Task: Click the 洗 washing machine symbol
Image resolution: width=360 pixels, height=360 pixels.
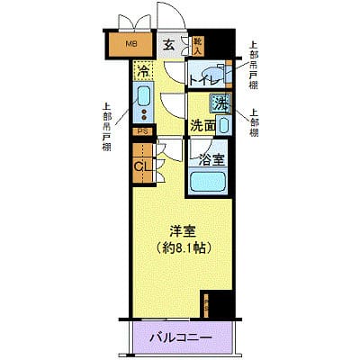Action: coord(219,103)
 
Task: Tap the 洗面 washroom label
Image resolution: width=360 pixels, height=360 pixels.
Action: coord(202,125)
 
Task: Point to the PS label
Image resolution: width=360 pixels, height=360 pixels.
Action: coord(142,131)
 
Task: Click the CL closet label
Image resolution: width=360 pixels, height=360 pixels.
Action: coord(141,165)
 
